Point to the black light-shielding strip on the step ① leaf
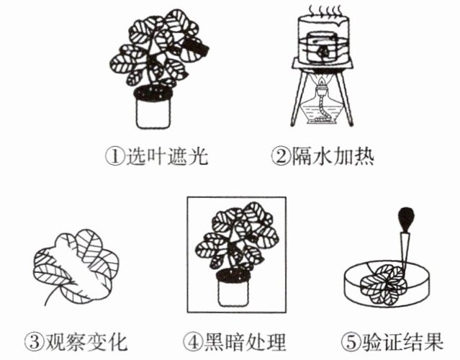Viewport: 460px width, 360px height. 197,48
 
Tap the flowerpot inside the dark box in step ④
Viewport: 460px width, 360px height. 235,292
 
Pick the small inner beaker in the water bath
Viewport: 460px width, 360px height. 322,50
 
